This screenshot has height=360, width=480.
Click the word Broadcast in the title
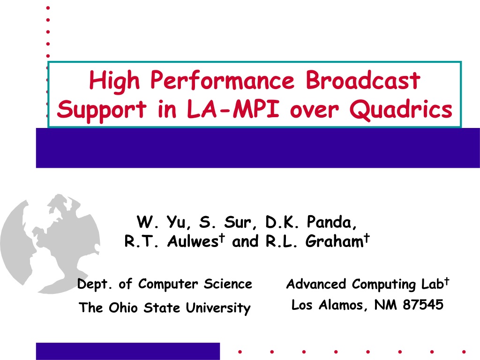pyautogui.click(x=363, y=80)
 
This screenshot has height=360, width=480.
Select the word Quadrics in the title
pyautogui.click(x=401, y=110)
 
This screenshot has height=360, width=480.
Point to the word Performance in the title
pyautogui.click(x=223, y=80)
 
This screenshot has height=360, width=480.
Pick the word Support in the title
pyautogui.click(x=102, y=110)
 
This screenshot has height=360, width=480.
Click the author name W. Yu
pyautogui.click(x=161, y=222)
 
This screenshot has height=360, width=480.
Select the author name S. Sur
pyautogui.click(x=225, y=222)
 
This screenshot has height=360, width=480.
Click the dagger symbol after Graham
pyautogui.click(x=367, y=238)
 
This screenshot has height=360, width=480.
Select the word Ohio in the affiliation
pyautogui.click(x=123, y=307)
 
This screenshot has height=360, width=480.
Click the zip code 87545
pyautogui.click(x=423, y=305)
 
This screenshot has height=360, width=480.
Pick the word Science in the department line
pyautogui.click(x=228, y=284)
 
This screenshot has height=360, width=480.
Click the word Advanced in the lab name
pyautogui.click(x=316, y=284)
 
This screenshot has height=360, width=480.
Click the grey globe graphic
pyautogui.click(x=50, y=243)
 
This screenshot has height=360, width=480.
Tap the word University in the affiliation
pyautogui.click(x=218, y=308)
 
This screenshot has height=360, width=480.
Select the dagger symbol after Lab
pyautogui.click(x=447, y=281)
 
